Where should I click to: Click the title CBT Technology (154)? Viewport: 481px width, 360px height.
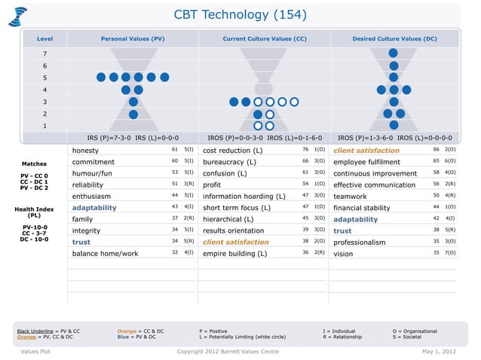pyautogui.click(x=240, y=15)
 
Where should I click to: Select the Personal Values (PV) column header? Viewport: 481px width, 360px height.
pyautogui.click(x=133, y=37)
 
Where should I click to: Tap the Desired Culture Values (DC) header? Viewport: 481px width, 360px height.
pyautogui.click(x=394, y=37)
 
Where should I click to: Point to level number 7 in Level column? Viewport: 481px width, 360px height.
pyautogui.click(x=44, y=53)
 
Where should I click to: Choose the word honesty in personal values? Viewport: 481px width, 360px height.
pyautogui.click(x=85, y=151)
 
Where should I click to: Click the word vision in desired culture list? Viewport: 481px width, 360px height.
pyautogui.click(x=343, y=254)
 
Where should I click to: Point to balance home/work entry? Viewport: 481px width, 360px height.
pyautogui.click(x=106, y=254)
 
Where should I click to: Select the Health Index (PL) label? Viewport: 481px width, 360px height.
pyautogui.click(x=34, y=212)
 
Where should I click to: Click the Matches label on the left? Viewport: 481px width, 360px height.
pyautogui.click(x=34, y=163)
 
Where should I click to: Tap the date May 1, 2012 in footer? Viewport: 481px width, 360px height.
pyautogui.click(x=440, y=351)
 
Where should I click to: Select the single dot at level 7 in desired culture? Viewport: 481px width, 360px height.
pyautogui.click(x=394, y=53)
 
